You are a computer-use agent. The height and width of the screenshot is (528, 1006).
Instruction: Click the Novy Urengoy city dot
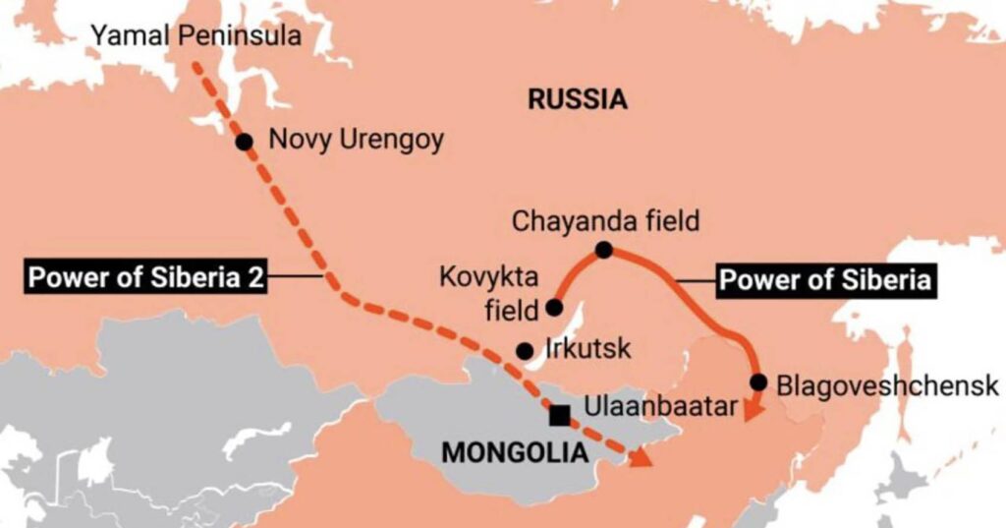coord(245,142)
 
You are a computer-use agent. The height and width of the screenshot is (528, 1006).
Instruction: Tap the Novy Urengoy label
coord(356,140)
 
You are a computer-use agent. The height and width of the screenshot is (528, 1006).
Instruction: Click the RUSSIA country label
coord(577,98)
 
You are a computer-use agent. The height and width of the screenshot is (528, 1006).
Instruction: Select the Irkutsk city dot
coord(526,351)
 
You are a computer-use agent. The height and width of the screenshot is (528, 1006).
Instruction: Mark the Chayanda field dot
coord(604,251)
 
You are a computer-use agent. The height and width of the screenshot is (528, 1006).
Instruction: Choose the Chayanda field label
coord(605,221)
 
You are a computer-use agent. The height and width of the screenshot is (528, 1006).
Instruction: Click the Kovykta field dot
coord(554,308)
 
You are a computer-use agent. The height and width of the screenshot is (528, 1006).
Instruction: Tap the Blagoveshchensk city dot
coord(757,381)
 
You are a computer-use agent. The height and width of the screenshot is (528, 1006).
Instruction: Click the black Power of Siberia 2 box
coord(145,277)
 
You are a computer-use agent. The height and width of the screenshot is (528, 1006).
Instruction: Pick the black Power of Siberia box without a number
coord(824,280)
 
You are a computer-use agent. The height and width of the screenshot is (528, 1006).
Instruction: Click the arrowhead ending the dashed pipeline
coord(641,458)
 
